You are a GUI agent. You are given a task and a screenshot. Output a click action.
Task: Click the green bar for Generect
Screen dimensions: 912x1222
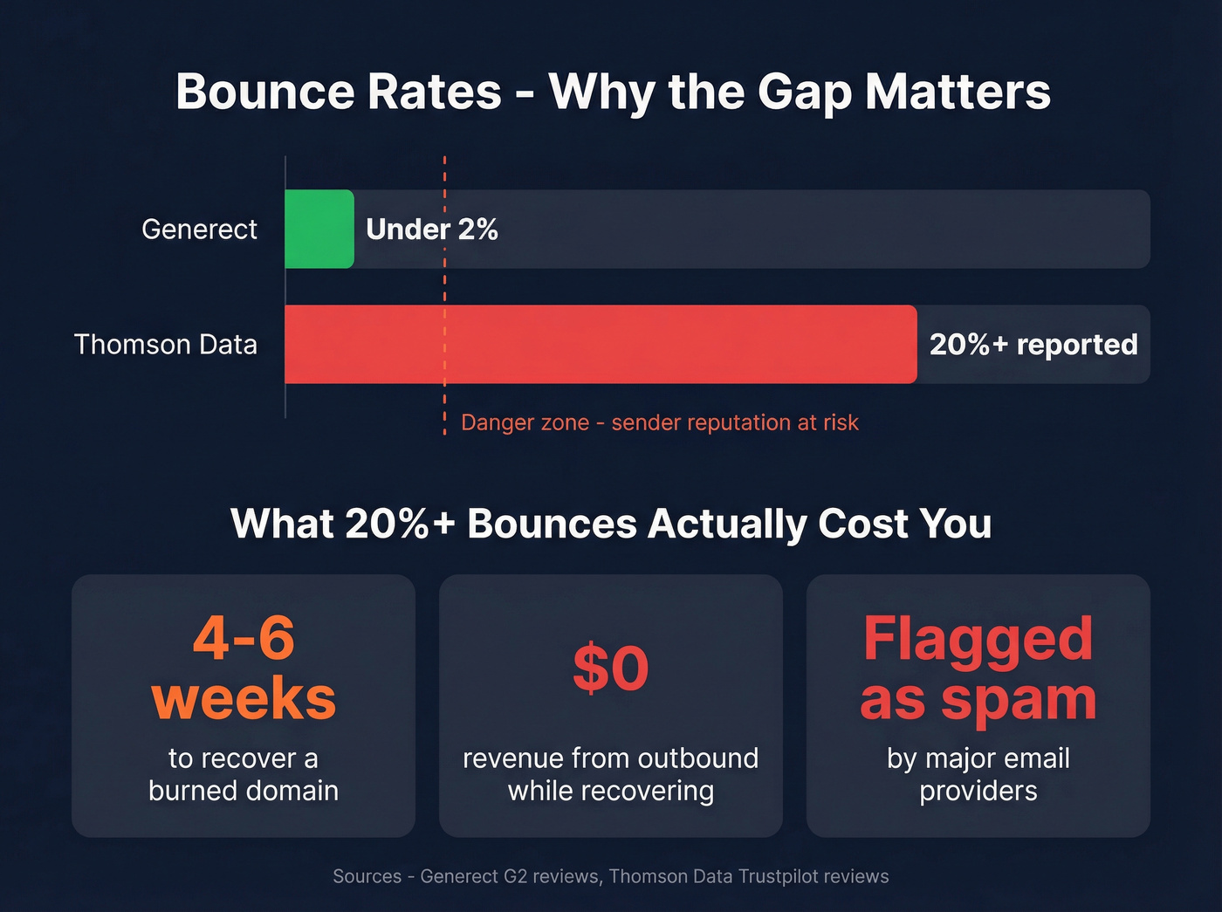click(x=319, y=229)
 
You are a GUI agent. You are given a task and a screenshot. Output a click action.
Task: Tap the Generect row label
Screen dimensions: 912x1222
click(x=199, y=229)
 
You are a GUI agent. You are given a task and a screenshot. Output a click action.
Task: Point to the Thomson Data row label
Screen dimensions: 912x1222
click(x=166, y=344)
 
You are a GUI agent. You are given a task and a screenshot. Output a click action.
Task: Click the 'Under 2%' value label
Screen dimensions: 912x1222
click(x=432, y=229)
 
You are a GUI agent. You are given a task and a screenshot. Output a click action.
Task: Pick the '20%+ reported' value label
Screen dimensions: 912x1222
click(x=1033, y=344)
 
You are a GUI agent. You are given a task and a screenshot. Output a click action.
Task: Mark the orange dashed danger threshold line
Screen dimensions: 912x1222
click(x=444, y=288)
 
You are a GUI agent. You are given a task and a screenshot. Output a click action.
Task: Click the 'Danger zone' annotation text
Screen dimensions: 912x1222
click(x=659, y=422)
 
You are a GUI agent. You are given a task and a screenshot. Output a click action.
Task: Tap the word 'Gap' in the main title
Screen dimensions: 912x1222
click(x=804, y=91)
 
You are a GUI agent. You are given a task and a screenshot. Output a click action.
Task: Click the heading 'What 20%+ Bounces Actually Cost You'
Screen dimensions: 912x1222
click(x=611, y=524)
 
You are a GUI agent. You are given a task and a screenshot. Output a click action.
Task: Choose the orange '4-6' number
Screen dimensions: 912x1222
click(x=244, y=638)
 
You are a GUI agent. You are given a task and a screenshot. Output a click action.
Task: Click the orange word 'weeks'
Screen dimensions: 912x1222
click(x=244, y=698)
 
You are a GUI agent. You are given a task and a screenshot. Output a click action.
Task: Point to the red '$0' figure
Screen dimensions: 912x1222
click(x=611, y=669)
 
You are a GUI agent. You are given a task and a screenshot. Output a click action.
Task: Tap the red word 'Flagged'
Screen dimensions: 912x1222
click(x=978, y=638)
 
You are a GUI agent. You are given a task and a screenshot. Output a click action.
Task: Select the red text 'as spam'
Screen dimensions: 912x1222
click(x=978, y=699)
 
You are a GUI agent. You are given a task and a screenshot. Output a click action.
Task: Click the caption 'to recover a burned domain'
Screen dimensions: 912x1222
click(x=244, y=774)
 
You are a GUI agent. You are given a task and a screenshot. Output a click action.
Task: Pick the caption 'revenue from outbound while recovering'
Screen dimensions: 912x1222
click(x=611, y=774)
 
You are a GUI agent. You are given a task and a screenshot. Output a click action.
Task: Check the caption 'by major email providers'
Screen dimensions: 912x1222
click(x=978, y=774)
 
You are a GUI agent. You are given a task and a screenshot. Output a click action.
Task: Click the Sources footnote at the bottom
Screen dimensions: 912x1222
click(x=611, y=876)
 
